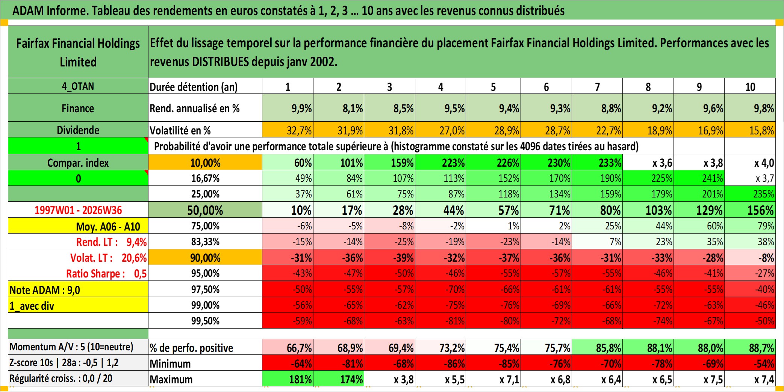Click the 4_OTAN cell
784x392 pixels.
[78, 86]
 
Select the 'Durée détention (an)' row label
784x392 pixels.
[194, 87]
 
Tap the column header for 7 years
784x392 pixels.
[597, 87]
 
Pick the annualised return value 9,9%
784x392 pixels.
[301, 109]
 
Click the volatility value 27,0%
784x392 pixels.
[452, 130]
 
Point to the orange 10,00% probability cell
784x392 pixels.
[205, 163]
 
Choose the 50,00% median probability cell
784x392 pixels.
[205, 210]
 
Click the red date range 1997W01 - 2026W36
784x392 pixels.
[78, 210]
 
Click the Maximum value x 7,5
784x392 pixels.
[713, 380]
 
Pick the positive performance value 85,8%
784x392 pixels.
[608, 348]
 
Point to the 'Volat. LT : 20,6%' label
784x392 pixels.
[108, 258]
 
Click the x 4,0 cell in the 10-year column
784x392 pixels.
[764, 163]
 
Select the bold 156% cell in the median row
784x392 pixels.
[760, 210]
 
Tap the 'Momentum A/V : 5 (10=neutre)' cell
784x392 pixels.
[71, 347]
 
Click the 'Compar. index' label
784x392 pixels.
[78, 163]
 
